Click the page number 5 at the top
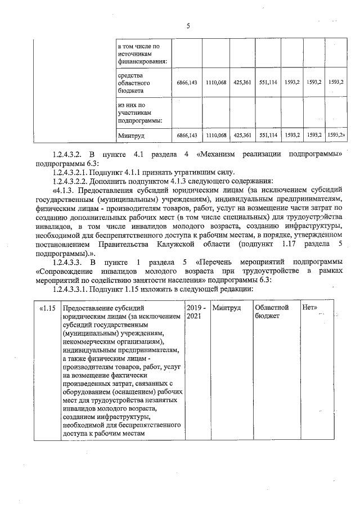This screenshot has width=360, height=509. [188, 25]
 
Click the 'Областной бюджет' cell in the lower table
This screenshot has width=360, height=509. [272, 312]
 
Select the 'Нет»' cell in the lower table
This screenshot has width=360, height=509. [310, 308]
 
